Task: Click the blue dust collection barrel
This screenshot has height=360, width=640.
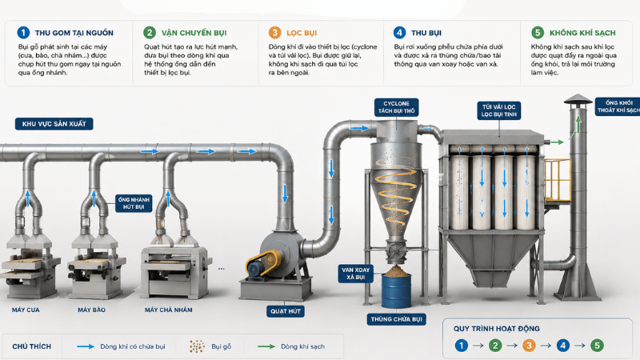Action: coord(396,290)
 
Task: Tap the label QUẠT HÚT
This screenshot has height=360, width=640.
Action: coord(286,311)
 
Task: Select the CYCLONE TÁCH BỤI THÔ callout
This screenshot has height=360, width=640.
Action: coord(396,107)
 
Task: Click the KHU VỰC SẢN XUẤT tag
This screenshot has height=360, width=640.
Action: coord(54,124)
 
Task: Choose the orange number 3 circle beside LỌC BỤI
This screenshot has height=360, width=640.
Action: coord(274,33)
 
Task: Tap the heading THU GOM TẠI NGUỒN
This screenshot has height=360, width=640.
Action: coord(74,33)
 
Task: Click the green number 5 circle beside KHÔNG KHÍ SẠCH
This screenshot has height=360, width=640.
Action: coord(538,33)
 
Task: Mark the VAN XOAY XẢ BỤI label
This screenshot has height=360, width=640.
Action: coord(355,274)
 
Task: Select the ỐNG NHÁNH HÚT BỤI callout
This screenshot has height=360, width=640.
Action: coord(134,203)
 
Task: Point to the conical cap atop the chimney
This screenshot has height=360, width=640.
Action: coord(578,99)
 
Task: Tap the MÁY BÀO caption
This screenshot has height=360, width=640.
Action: coord(91,310)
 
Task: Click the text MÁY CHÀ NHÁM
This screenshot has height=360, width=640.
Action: coord(169,310)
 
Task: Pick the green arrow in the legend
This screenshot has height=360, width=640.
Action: coord(266,346)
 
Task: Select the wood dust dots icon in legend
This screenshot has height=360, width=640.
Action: coord(197,346)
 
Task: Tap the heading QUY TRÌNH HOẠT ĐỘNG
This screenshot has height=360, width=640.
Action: coord(496,329)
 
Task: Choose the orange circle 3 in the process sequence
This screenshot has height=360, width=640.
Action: coord(529,346)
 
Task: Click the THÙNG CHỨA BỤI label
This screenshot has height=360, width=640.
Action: coord(396,319)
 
